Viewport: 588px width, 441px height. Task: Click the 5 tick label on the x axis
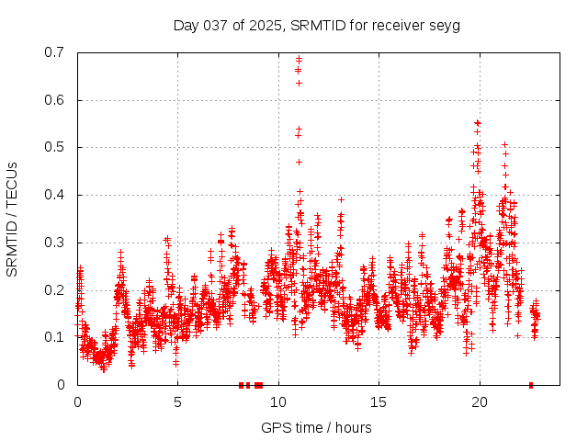click(x=178, y=401)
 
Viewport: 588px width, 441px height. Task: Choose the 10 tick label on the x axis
click(x=278, y=401)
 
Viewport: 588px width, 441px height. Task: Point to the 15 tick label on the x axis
click(x=379, y=401)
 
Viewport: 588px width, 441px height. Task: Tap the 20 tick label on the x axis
click(x=479, y=401)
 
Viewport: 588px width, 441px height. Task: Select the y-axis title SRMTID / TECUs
click(x=12, y=219)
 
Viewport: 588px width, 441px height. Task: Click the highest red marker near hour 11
click(x=299, y=60)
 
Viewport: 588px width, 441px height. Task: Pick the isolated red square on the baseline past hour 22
click(x=531, y=385)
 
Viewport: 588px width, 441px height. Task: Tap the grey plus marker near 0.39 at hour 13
click(x=341, y=199)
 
